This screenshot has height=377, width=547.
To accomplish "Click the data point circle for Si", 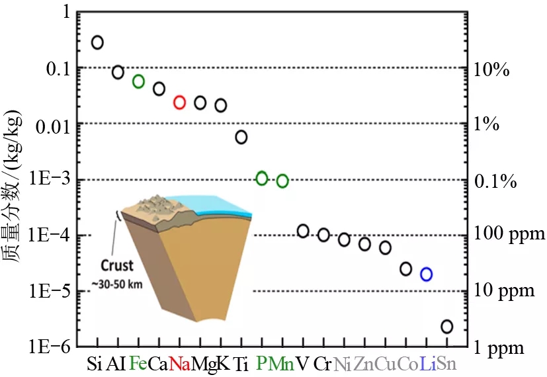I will [97, 42].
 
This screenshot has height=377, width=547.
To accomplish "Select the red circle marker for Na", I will [179, 102].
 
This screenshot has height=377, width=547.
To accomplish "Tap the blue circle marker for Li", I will [427, 274].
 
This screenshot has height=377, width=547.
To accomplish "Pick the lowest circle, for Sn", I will [447, 327].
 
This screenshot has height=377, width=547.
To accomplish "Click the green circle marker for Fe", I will [138, 81].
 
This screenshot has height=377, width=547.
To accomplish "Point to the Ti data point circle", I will [241, 137].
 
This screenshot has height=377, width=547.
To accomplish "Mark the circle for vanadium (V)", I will [303, 231].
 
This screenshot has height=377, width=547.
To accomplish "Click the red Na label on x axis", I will [180, 363].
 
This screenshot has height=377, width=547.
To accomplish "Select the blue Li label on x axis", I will [427, 363].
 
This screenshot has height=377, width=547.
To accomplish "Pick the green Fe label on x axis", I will [138, 363].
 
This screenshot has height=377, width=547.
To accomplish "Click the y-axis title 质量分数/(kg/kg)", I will [15, 192].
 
